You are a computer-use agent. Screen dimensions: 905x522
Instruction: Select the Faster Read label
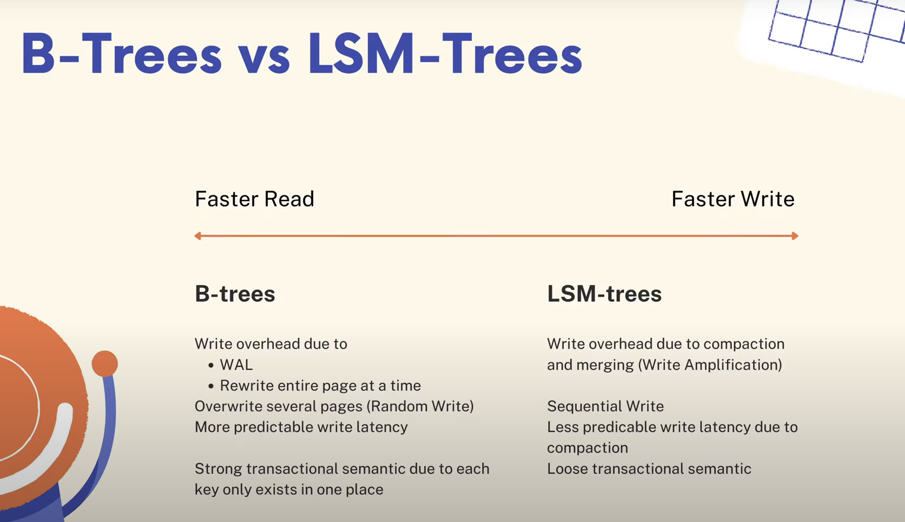254,199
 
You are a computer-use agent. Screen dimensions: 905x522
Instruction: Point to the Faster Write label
733,199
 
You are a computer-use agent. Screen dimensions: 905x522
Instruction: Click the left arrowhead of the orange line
198,236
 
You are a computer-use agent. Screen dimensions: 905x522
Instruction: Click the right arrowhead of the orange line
795,236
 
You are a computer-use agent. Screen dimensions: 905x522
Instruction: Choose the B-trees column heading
235,294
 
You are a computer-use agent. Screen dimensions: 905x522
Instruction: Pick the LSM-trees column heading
605,294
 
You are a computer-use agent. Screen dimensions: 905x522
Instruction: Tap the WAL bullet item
237,365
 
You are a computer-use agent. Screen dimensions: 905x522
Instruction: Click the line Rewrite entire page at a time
321,386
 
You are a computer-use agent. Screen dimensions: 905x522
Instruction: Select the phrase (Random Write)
420,407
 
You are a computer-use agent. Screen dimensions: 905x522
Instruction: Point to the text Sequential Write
605,407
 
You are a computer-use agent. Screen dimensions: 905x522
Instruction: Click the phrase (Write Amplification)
710,365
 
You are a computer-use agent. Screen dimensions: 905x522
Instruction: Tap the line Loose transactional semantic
649,469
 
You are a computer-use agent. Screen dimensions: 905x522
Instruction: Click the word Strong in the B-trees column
218,469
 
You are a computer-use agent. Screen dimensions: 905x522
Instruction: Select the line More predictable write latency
302,427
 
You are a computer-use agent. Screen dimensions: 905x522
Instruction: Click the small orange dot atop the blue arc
105,363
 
